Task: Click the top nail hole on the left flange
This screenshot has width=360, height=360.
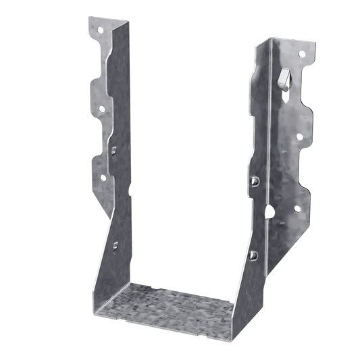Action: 99,30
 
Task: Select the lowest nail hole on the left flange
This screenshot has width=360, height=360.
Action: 103,178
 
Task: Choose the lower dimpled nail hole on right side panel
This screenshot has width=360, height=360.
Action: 255,255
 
